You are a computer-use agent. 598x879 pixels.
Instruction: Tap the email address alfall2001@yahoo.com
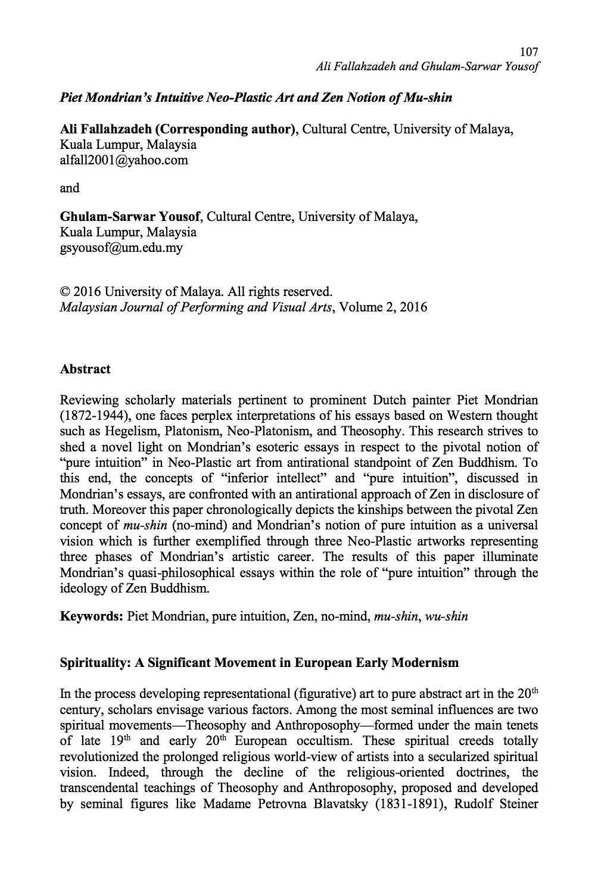click(x=124, y=160)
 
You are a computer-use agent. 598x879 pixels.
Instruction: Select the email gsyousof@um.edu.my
click(x=122, y=248)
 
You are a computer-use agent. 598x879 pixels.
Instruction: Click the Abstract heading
click(x=85, y=369)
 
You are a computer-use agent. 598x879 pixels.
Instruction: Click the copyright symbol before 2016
click(x=66, y=292)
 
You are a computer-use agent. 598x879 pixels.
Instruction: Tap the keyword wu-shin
click(x=447, y=616)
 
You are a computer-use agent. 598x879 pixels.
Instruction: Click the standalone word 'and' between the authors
click(x=70, y=188)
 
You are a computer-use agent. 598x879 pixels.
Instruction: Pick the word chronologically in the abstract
click(x=266, y=510)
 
